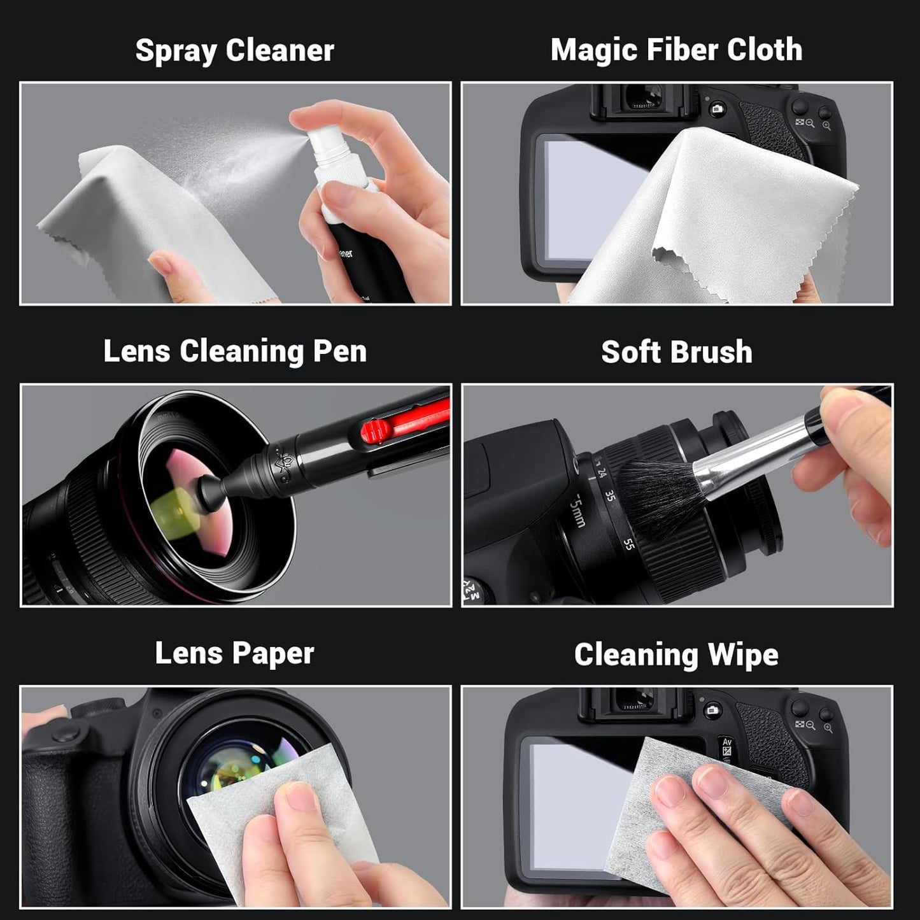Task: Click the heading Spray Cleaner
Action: point(234,50)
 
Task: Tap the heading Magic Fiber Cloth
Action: point(676,50)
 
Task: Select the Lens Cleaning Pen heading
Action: point(235,351)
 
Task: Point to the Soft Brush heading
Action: point(676,352)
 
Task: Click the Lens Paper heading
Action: point(234,653)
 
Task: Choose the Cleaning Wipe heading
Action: point(676,655)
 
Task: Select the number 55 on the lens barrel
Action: point(628,544)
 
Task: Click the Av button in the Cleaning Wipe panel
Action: point(726,743)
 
